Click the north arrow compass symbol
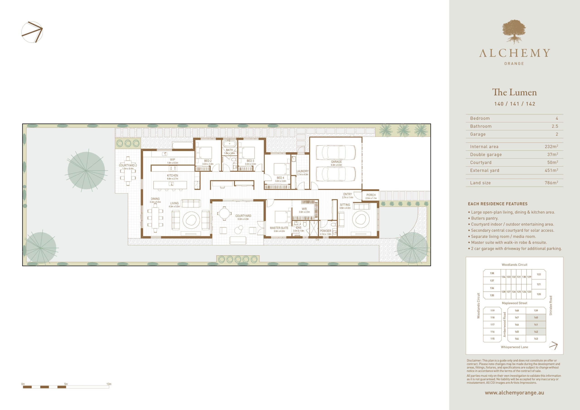pos(32,32)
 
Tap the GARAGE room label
pos(336,162)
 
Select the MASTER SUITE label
pos(279,228)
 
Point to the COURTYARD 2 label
pos(128,165)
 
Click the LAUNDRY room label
pos(303,171)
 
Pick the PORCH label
pos(371,195)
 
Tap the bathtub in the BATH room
pos(229,144)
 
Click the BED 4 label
pos(280,178)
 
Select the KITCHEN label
pos(173,176)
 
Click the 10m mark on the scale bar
pos(109,384)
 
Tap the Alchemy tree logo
pos(514,31)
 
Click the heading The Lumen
pos(514,92)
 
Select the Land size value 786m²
pos(551,183)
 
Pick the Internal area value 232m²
pos(551,147)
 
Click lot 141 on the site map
pos(536,325)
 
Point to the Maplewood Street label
pos(514,303)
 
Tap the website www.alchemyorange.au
pos(514,393)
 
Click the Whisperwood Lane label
pos(514,347)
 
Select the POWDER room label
pos(325,231)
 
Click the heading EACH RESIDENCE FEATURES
pos(498,204)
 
